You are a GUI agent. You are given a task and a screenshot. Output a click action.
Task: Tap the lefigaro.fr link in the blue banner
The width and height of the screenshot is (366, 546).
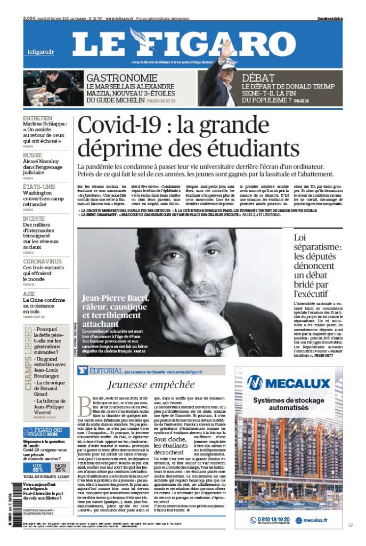click(x=41, y=52)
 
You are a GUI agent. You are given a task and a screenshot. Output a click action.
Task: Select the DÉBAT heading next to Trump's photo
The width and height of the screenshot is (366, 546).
click(x=258, y=78)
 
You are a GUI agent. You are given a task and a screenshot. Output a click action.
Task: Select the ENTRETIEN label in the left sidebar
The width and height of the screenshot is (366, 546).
click(x=37, y=118)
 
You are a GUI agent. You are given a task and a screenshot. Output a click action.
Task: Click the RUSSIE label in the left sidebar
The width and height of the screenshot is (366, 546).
click(x=34, y=155)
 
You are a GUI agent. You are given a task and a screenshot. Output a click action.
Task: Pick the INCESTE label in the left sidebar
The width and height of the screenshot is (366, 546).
click(x=34, y=219)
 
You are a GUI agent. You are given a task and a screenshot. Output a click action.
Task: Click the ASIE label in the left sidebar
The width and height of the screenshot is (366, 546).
click(x=29, y=294)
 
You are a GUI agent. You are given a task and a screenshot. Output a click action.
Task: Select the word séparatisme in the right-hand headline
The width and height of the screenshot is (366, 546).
click(x=318, y=248)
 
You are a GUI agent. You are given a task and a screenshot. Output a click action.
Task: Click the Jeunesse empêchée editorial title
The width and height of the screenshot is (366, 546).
click(x=151, y=384)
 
